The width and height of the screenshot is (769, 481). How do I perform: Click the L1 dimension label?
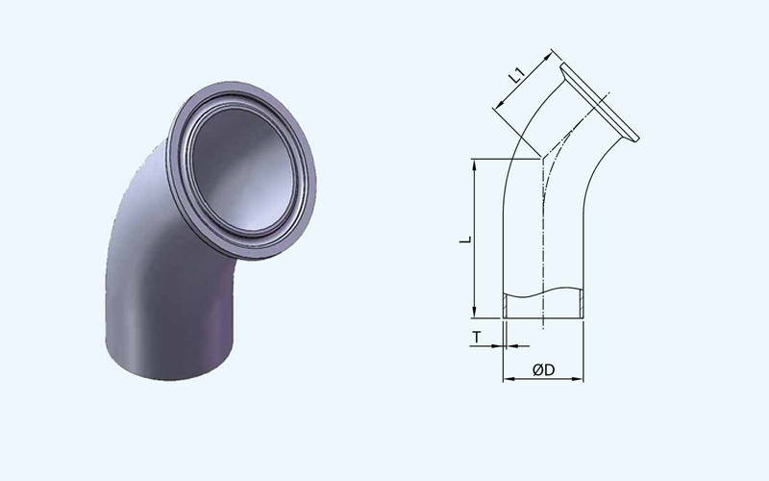tap(516, 77)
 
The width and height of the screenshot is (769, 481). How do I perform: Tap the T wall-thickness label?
tap(477, 338)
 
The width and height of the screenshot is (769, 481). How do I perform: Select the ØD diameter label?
tap(543, 369)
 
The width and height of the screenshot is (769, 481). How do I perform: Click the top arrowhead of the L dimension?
tap(474, 165)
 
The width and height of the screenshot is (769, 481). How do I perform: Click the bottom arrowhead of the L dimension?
tap(474, 312)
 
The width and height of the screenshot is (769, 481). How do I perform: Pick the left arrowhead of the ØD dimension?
tap(509, 379)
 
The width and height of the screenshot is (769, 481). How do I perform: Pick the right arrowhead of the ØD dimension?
tap(578, 379)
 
